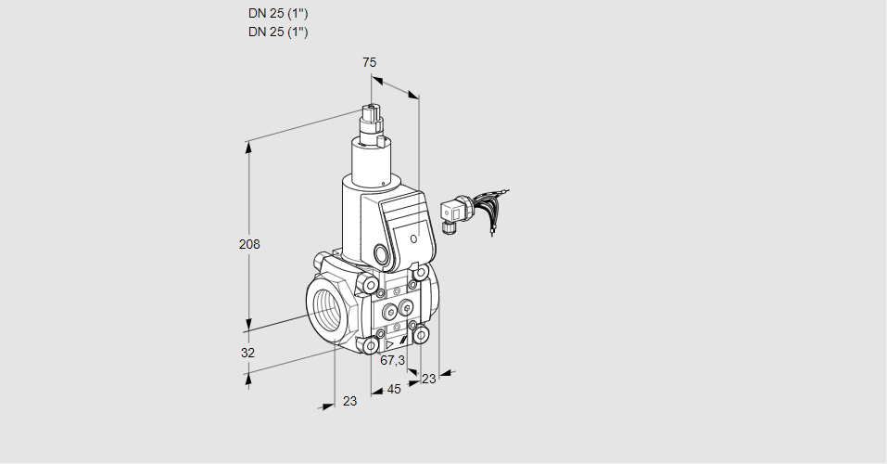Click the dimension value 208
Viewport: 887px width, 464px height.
point(248,245)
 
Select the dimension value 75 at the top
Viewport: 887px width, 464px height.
point(369,62)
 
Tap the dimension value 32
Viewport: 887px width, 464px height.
point(247,353)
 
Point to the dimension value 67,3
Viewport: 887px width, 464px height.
point(393,360)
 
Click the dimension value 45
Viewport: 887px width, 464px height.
point(394,389)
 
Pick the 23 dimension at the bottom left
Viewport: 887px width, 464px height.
point(349,401)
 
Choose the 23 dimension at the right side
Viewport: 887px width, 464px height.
point(428,378)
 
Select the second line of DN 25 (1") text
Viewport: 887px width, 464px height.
point(278,32)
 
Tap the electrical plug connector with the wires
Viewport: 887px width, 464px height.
point(453,212)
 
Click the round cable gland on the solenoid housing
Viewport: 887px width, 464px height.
point(381,253)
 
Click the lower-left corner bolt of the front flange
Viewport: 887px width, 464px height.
point(372,346)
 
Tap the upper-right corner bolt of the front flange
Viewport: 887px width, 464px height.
point(422,274)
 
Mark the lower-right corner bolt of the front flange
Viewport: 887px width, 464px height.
point(422,334)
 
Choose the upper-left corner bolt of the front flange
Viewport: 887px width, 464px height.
point(371,285)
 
